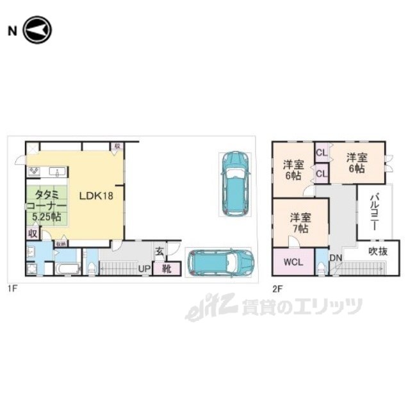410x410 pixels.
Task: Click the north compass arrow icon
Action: click(37, 30)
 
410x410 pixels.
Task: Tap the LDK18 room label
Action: click(96, 195)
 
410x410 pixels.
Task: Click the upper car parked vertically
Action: click(234, 184)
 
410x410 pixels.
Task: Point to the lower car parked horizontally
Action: click(220, 262)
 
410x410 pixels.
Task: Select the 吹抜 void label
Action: click(377, 252)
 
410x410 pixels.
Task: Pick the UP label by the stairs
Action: click(145, 268)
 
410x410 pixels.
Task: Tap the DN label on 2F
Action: click(336, 258)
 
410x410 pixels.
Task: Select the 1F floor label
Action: click(12, 289)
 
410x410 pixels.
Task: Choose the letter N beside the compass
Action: click(12, 30)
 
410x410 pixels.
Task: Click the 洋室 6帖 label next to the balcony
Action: click(356, 163)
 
